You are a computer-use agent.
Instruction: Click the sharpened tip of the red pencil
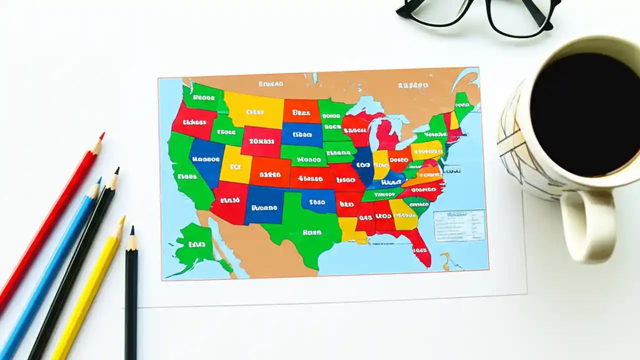(102, 134)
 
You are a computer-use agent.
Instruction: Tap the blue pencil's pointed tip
(99, 179)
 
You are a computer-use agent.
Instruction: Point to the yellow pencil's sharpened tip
(123, 218)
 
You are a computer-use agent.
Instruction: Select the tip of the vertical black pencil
(132, 228)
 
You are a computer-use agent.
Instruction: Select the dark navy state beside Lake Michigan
(363, 165)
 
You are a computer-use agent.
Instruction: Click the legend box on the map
(459, 225)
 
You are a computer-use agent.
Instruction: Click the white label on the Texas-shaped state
(311, 232)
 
